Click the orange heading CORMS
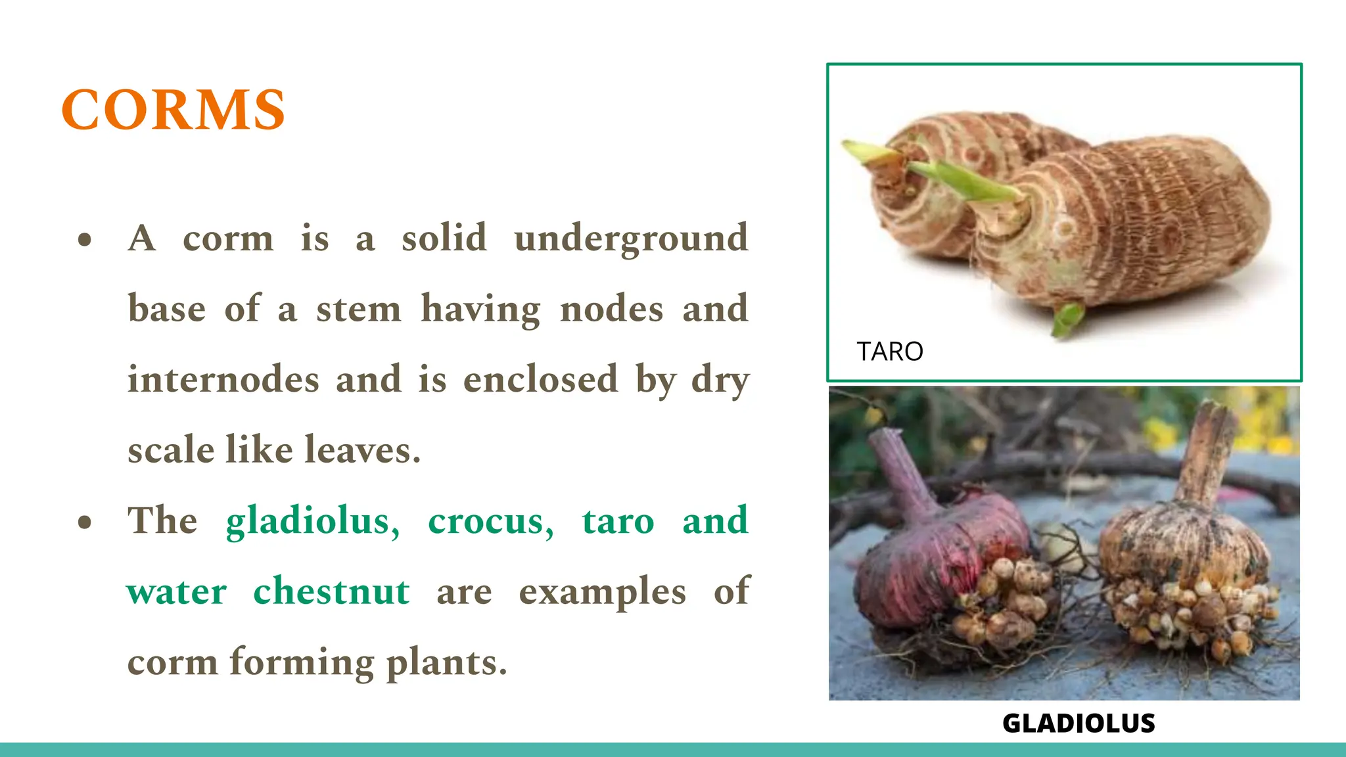174,110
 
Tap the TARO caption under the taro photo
890,352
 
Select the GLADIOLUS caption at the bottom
1079,723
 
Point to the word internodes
223,380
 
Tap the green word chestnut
331,591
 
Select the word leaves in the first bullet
362,450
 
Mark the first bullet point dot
85,240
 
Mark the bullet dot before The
85,522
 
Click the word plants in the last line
447,663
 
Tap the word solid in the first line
444,238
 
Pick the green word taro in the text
618,522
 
